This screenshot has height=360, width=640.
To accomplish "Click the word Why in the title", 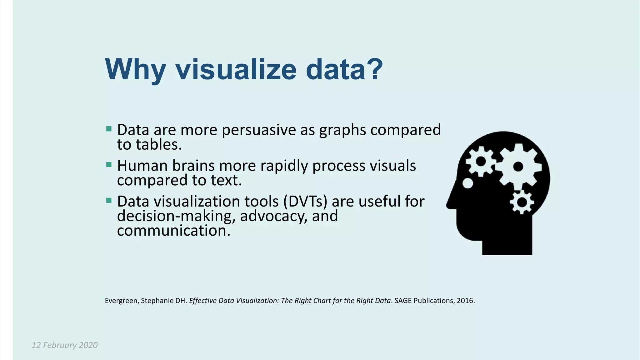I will [135, 70].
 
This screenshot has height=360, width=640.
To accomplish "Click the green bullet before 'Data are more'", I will [109, 129].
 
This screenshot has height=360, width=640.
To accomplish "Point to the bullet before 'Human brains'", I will [109, 165].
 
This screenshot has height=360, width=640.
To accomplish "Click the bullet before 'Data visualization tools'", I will [109, 200].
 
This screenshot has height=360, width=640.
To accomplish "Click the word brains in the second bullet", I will [193, 166].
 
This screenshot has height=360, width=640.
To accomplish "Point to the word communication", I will [173, 231].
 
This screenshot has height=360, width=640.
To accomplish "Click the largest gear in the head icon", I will [518, 167].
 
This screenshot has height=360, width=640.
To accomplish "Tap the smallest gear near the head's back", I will [522, 202].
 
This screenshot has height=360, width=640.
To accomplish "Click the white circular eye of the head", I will [467, 183].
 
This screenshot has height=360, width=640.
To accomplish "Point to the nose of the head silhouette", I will [450, 205].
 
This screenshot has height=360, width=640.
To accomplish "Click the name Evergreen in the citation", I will [121, 301].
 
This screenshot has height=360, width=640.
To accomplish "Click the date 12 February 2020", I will [65, 345].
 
